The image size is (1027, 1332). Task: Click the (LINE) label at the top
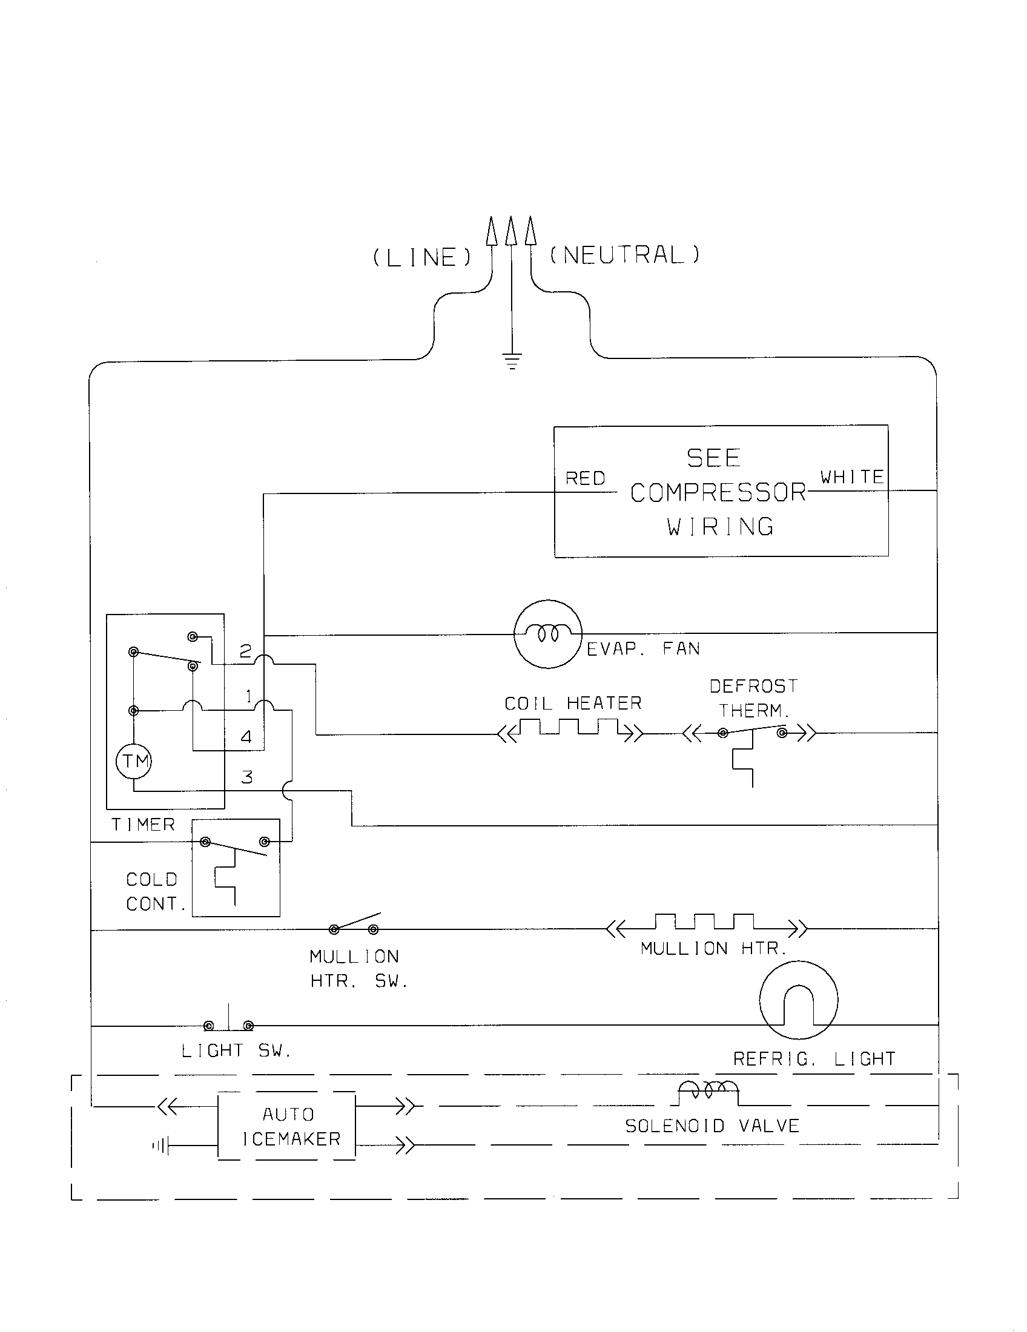tap(422, 258)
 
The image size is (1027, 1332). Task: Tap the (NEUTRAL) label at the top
tap(625, 255)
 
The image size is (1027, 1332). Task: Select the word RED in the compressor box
tap(586, 479)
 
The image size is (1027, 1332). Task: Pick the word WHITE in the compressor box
tap(852, 477)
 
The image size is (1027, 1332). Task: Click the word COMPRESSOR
tap(718, 493)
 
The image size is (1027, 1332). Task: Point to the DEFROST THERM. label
tap(754, 698)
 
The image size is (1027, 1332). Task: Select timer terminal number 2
tap(245, 652)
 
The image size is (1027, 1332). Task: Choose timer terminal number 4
tap(246, 737)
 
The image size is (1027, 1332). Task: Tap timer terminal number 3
tap(247, 777)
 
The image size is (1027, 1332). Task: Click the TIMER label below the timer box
tap(144, 825)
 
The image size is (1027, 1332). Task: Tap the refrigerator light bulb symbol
tap(798, 1000)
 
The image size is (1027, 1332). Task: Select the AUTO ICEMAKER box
tap(287, 1127)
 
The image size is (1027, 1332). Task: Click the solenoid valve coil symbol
tap(708, 1089)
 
